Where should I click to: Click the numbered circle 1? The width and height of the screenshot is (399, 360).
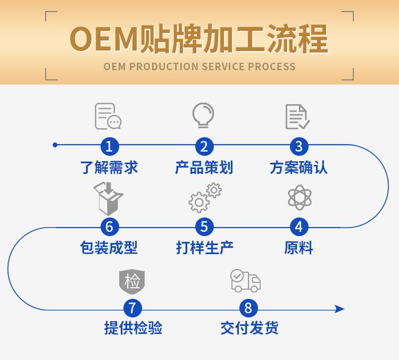pos(110,146)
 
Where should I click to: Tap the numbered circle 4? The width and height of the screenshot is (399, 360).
pos(299,227)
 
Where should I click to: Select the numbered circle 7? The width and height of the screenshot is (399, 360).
pos(132,308)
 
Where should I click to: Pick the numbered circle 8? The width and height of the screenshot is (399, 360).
pos(248,308)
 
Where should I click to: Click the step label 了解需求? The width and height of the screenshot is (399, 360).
pos(110,168)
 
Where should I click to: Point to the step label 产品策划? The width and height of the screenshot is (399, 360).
pos(204,168)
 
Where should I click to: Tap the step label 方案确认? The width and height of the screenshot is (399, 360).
pos(298,168)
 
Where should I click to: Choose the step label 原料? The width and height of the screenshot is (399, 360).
pos(298,248)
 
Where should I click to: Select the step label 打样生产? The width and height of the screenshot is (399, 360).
pos(204,248)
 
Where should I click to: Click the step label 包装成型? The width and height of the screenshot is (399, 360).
pos(109,248)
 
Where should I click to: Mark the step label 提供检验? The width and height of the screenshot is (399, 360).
pos(132,328)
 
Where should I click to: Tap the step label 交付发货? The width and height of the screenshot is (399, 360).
pos(249,328)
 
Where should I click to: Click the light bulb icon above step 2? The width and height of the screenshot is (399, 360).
pos(203,115)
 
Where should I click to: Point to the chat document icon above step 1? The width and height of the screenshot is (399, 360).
pos(108,116)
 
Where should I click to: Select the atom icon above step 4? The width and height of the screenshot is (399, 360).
pos(300,198)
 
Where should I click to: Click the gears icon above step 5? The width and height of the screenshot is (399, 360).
pos(205,197)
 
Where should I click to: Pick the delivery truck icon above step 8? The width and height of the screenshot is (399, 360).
pos(245,280)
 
